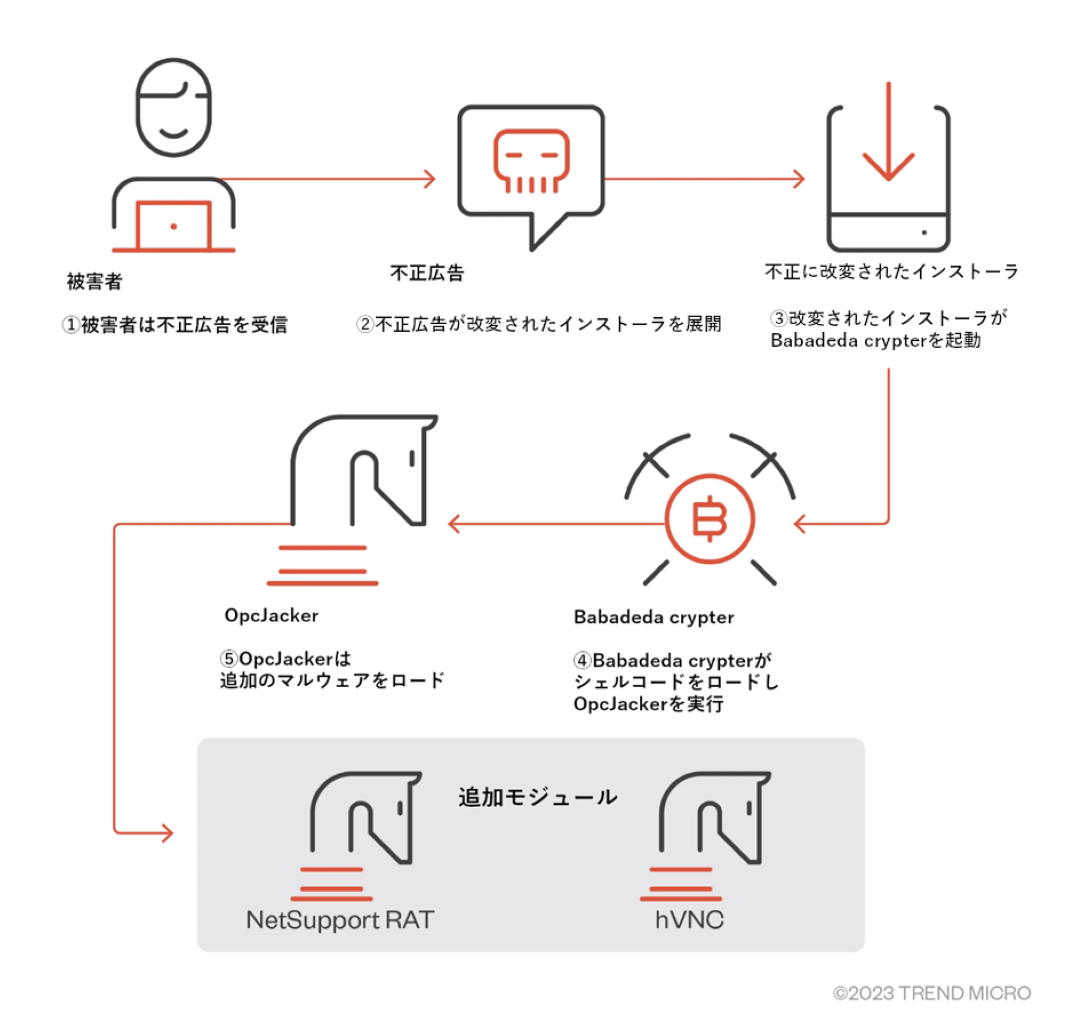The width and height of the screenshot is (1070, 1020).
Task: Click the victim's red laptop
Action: tap(173, 226)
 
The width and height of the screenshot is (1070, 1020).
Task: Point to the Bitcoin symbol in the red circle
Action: tap(709, 519)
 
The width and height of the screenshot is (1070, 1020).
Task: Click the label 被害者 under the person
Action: tap(94, 282)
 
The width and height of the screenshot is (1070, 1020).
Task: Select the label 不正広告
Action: tap(427, 273)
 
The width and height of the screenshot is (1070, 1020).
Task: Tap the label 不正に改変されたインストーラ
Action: tap(891, 272)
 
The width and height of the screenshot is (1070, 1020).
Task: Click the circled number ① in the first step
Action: tap(71, 324)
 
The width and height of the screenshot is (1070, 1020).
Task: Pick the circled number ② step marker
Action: tap(365, 324)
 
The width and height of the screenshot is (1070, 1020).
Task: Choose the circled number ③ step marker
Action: tap(779, 318)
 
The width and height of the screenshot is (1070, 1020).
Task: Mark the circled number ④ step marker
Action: tap(582, 661)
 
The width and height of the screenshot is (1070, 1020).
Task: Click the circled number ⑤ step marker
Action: tap(229, 659)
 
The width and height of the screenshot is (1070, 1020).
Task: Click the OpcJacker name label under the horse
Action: tap(271, 616)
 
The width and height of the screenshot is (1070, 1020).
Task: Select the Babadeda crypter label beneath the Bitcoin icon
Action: tap(654, 617)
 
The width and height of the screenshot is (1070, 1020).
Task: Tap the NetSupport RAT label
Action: tap(340, 920)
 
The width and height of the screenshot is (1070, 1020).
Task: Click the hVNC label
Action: tap(689, 920)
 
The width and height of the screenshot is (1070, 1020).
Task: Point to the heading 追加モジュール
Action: tap(538, 798)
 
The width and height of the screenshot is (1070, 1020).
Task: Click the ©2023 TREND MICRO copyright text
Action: tap(932, 993)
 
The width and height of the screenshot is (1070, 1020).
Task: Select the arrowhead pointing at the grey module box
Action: tap(168, 833)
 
